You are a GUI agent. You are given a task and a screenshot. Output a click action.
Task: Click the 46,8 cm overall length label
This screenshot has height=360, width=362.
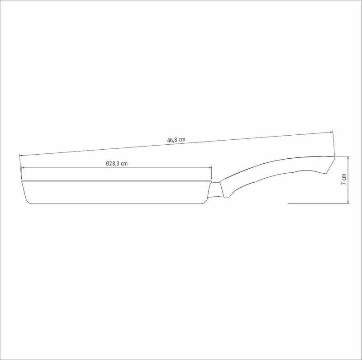[x=176, y=140]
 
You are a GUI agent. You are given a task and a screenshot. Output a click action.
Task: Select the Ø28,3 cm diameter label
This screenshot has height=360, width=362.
[x=117, y=164]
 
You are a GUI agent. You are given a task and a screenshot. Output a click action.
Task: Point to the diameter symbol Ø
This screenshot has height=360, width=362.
[x=108, y=164]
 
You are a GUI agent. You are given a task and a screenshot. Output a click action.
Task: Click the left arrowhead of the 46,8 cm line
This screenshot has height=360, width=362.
[x=21, y=156]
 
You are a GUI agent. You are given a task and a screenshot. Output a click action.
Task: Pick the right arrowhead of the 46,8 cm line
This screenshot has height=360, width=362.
[x=331, y=132]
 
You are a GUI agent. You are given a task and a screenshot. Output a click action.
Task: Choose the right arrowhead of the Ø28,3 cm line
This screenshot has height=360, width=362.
[x=210, y=168]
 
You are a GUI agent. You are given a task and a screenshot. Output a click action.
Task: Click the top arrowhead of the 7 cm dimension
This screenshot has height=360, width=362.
[x=348, y=158]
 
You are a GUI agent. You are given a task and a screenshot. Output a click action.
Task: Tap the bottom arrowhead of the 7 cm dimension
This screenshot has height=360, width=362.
[x=348, y=201]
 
